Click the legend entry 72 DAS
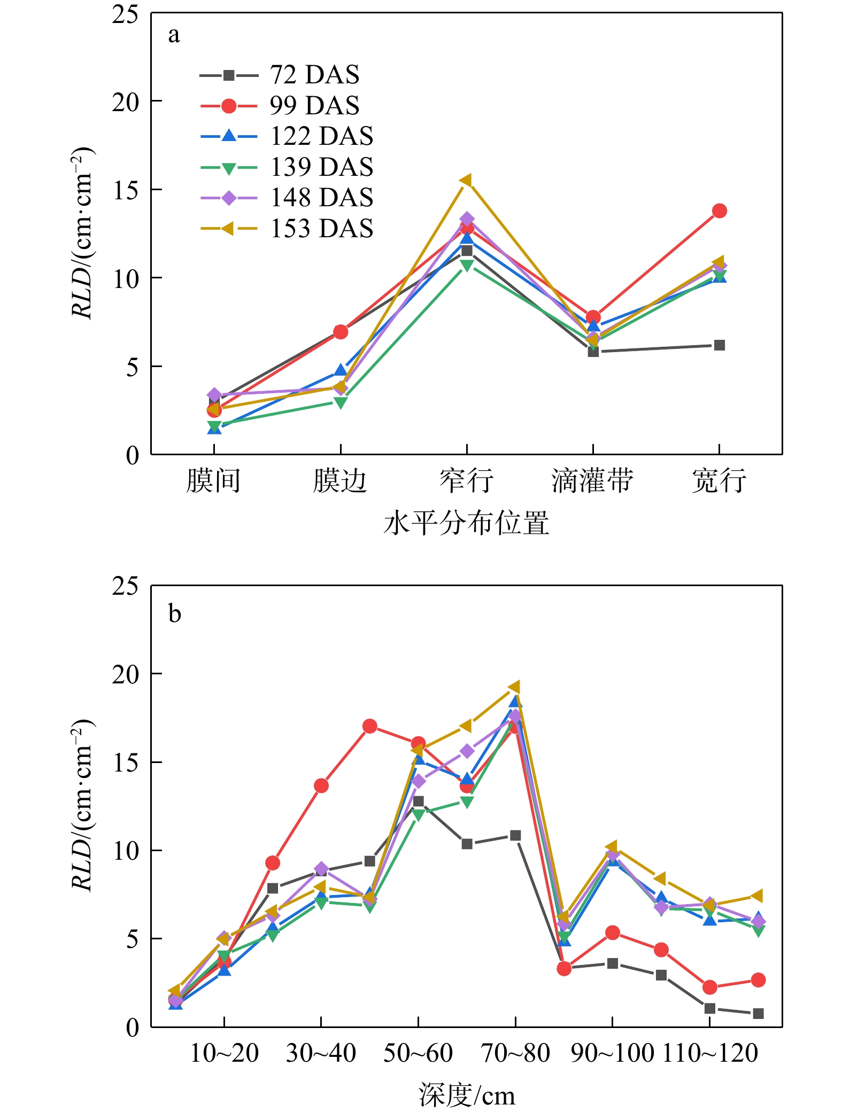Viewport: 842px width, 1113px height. coord(314,75)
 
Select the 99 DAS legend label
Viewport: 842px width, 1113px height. coord(314,106)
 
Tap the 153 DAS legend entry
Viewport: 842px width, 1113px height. coord(321,229)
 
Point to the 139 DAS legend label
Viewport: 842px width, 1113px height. coord(321,167)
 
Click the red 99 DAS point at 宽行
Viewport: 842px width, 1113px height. coord(719,211)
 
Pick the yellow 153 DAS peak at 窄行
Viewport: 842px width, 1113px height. coord(466,181)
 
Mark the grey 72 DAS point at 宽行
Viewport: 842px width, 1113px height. coord(719,345)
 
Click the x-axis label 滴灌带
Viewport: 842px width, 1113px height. coord(592,480)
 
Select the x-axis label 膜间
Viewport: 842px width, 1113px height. coord(213,480)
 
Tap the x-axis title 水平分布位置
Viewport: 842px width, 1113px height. coord(466,523)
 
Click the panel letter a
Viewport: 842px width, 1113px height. coord(174,35)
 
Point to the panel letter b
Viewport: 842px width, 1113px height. coord(174,613)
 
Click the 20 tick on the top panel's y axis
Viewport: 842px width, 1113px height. coord(125,102)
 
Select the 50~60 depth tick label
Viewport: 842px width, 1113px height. coord(418,1053)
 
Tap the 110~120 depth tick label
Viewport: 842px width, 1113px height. coord(710,1053)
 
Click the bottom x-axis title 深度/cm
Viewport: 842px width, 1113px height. coord(466,1095)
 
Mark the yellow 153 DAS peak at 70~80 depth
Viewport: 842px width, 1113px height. coord(515,687)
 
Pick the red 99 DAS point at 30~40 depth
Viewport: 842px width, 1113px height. coord(321,786)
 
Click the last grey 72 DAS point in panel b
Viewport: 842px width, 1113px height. coord(758,1014)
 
